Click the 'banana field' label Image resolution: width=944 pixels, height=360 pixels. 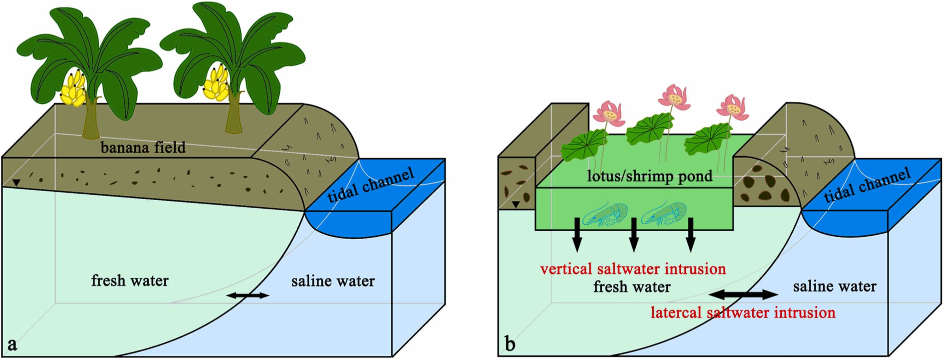point(143,148)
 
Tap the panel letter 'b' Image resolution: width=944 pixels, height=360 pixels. point(510,345)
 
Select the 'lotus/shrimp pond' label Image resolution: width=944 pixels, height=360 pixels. point(650,176)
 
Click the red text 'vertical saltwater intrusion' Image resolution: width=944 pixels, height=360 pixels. point(633,269)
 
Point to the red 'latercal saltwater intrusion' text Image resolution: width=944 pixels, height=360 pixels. point(743,312)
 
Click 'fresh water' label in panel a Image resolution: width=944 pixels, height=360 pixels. point(130,281)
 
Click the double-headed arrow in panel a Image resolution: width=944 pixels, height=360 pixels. point(248,295)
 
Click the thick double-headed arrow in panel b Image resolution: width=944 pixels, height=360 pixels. point(743,294)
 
